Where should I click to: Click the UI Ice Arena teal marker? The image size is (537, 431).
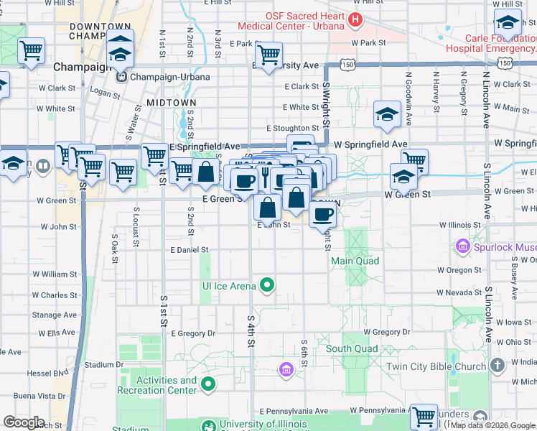267,287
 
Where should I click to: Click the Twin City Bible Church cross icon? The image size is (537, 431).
498,366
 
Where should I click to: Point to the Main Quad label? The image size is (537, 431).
355,261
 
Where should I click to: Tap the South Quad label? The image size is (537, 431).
352,349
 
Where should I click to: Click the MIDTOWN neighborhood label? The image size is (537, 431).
171,103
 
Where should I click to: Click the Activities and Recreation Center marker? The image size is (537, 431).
209,385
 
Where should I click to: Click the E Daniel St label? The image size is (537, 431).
189,250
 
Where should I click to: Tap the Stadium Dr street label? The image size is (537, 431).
99,365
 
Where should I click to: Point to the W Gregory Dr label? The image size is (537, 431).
386,333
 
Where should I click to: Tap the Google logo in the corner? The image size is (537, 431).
24,422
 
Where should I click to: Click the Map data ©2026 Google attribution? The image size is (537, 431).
493,425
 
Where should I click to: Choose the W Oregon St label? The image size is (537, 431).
459,270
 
